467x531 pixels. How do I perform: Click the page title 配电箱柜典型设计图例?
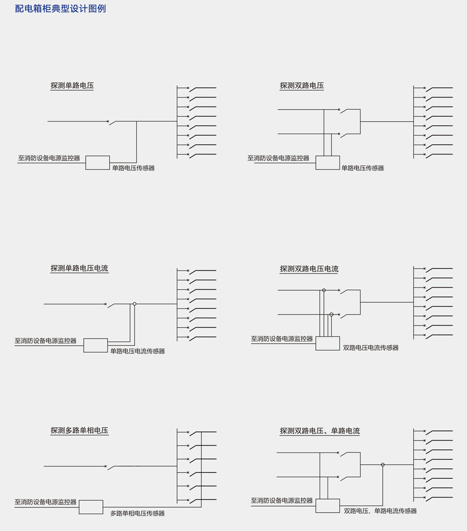click(x=60, y=8)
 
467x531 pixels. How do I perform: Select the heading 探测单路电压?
click(x=72, y=85)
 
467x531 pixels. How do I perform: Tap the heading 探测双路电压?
click(x=302, y=85)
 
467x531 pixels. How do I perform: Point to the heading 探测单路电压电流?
click(x=79, y=268)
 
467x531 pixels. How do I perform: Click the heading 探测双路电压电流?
click(x=309, y=269)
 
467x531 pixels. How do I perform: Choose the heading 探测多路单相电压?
click(x=79, y=430)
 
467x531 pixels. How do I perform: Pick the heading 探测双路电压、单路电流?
click(x=319, y=431)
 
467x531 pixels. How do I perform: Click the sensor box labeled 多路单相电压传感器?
click(x=91, y=507)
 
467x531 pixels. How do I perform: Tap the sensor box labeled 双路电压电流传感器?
click(x=328, y=343)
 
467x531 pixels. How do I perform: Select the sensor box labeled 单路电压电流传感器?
click(x=96, y=345)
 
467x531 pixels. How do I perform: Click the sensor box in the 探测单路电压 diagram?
click(x=98, y=162)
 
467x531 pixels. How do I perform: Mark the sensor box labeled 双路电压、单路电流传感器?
click(x=328, y=506)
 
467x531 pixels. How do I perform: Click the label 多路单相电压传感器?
click(x=137, y=513)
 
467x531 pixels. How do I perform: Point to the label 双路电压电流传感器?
click(x=371, y=348)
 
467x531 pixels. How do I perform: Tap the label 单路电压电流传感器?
click(x=138, y=351)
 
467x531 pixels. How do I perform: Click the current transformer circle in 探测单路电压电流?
click(x=134, y=304)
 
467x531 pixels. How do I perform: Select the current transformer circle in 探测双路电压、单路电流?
click(x=382, y=465)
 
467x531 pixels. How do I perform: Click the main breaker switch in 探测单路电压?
click(x=112, y=122)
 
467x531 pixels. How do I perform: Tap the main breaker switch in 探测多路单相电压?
click(x=110, y=468)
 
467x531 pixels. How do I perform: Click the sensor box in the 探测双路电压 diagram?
click(x=328, y=162)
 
